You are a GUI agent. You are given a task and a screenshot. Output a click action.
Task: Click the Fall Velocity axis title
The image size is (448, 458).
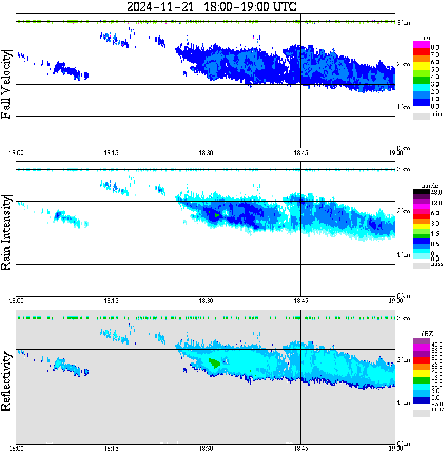click(7, 84)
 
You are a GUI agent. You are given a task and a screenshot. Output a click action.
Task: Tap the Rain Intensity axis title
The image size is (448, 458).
click(7, 233)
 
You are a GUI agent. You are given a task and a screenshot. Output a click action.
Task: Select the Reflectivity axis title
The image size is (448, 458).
click(7, 381)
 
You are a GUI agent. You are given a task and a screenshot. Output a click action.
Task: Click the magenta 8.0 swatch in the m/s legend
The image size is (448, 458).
click(421, 47)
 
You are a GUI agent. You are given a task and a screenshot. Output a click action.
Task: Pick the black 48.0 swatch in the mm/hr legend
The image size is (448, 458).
click(421, 192)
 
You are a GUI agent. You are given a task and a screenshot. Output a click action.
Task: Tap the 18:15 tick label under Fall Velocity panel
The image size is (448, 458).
click(111, 152)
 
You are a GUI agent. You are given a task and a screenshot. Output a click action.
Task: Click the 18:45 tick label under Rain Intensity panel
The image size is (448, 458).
click(300, 301)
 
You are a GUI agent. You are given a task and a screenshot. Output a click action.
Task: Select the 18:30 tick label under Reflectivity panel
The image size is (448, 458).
click(206, 449)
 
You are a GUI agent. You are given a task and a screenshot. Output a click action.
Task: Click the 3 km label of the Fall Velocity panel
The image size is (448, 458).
click(403, 22)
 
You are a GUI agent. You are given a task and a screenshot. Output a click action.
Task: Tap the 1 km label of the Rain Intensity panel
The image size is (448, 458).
click(403, 255)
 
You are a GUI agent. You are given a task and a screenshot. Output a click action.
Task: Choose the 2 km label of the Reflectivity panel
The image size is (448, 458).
click(403, 360)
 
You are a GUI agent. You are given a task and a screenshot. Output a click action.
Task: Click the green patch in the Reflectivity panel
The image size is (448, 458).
click(214, 363)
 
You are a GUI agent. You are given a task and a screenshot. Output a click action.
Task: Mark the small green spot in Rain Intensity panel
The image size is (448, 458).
click(217, 215)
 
